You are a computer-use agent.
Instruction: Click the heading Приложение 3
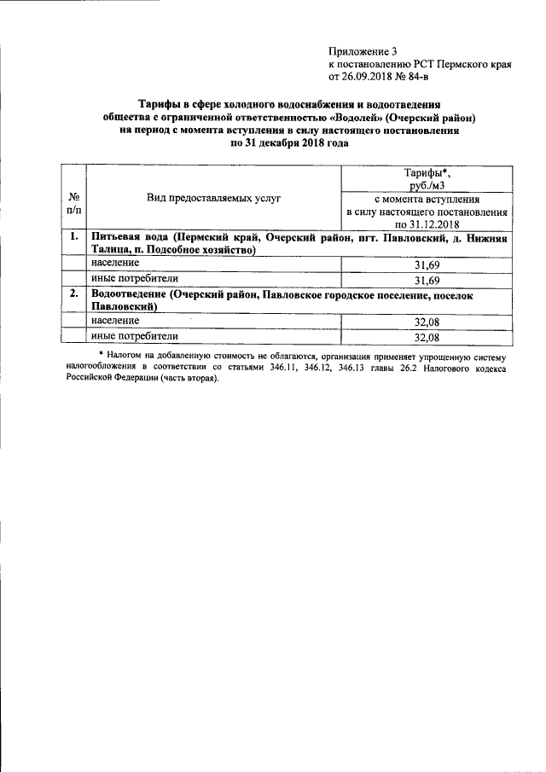(363, 51)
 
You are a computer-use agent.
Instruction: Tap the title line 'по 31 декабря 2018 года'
(289, 143)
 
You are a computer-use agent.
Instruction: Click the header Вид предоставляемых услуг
(213, 197)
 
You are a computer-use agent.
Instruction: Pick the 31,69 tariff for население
(427, 265)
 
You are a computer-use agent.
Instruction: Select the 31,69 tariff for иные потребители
(427, 280)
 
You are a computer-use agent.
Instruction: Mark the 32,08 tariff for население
(427, 322)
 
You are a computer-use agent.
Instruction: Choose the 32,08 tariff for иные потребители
(427, 336)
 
